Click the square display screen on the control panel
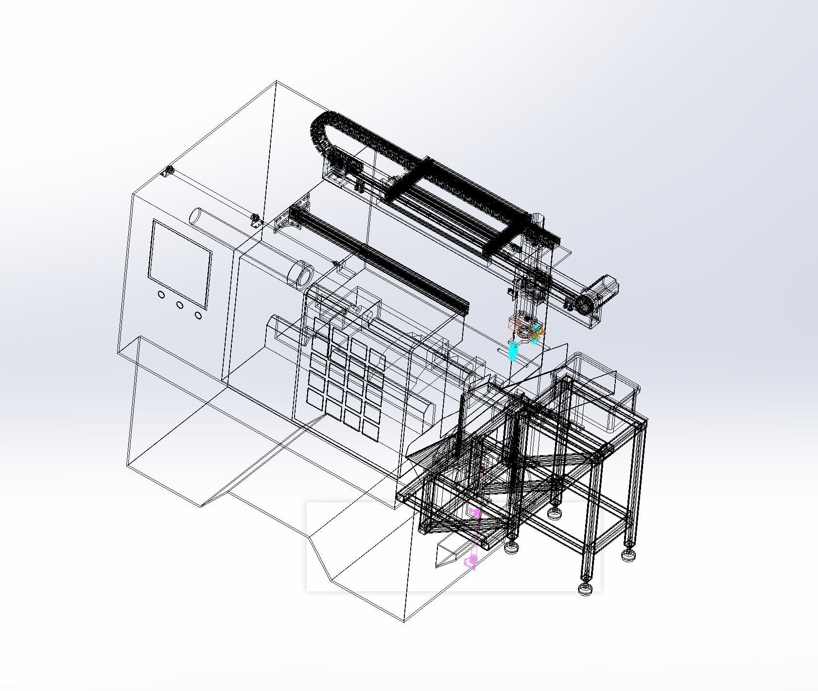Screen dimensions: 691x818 point(180,264)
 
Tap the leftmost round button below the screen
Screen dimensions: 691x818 point(161,295)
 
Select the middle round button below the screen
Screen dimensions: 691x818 point(180,305)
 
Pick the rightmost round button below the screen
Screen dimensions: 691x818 point(198,315)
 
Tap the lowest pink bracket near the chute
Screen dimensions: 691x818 point(470,562)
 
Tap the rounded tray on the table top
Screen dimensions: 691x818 point(603,389)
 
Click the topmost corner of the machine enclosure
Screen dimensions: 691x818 point(276,81)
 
